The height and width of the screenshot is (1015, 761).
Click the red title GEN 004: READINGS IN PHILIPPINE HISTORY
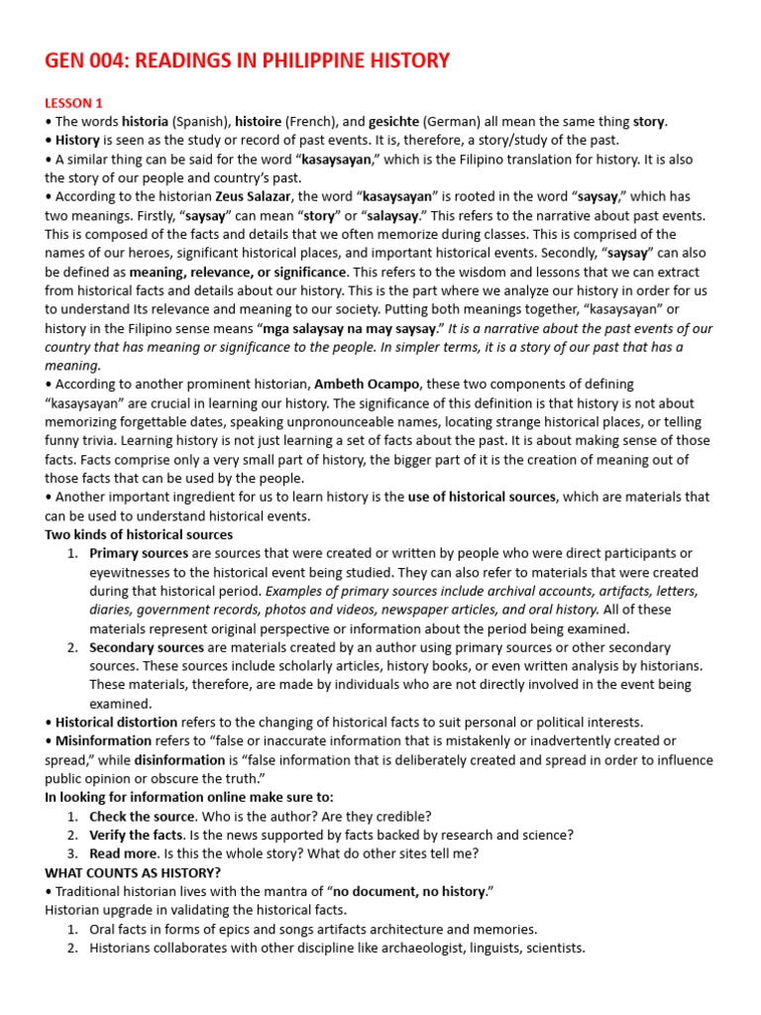[x=247, y=61]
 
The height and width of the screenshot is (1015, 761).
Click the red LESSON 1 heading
[x=73, y=103]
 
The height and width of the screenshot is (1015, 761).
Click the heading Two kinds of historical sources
[x=139, y=534]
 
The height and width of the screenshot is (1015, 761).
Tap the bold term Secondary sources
[x=147, y=647]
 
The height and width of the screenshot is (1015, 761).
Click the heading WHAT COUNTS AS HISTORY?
[x=133, y=872]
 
